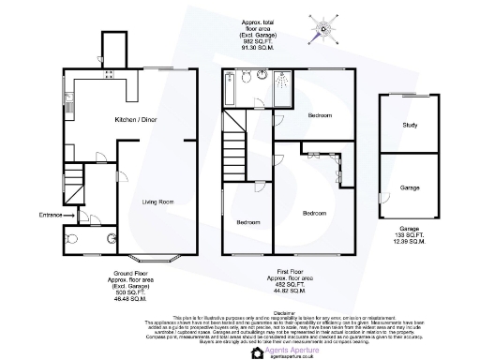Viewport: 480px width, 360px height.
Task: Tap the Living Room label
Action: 158,202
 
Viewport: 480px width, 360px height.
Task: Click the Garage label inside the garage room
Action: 410,188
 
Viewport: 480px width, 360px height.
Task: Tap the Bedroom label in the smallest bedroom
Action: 247,222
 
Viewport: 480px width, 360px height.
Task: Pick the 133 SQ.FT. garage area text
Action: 409,235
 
